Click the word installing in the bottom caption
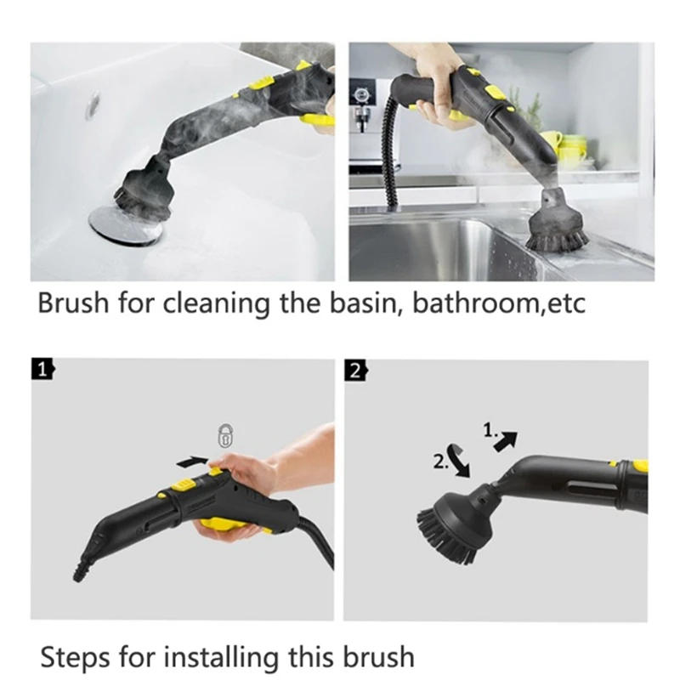(221, 656)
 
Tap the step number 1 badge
(42, 369)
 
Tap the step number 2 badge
(354, 369)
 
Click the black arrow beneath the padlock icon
(194, 460)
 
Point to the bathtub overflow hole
(91, 101)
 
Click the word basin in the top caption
(365, 303)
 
